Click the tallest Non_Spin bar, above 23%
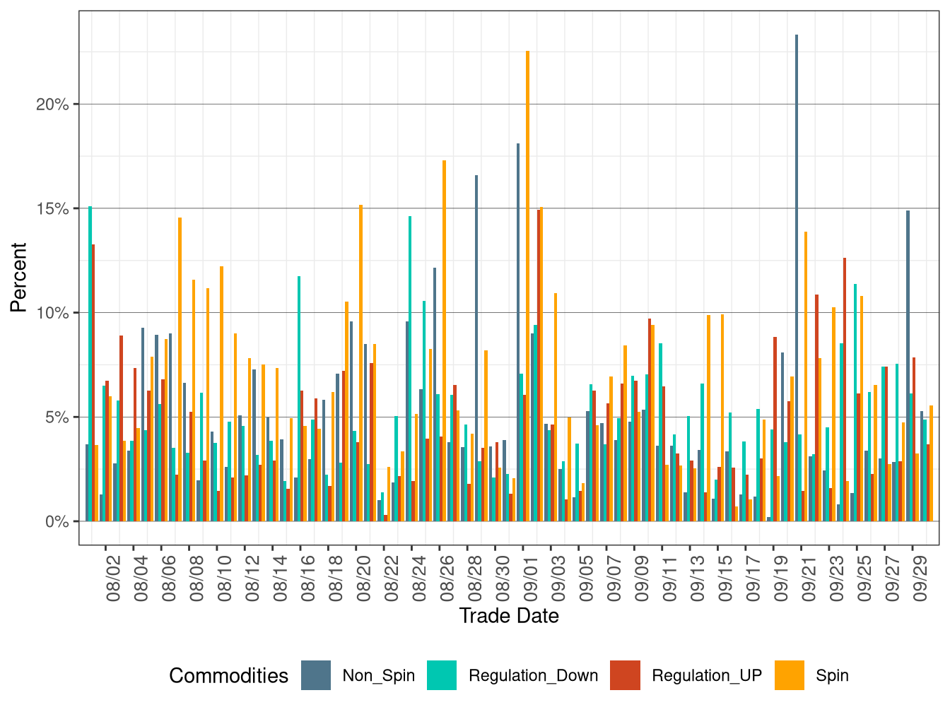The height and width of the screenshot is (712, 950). [797, 283]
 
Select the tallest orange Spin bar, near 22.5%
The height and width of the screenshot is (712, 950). [527, 283]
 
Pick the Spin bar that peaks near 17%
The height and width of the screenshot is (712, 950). [444, 339]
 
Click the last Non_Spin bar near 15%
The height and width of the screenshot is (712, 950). [908, 367]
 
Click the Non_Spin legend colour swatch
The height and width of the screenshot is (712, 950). [316, 675]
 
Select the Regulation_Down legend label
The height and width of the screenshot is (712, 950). [533, 675]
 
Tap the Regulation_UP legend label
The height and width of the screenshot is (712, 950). [706, 675]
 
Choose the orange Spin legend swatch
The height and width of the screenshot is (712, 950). [790, 675]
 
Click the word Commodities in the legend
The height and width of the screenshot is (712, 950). [228, 676]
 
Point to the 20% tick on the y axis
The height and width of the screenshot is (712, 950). [53, 105]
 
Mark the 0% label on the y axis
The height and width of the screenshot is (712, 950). [57, 522]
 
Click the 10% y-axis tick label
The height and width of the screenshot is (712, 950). [53, 313]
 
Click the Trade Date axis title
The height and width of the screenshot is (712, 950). [509, 616]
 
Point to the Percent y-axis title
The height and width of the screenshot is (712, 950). [18, 278]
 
